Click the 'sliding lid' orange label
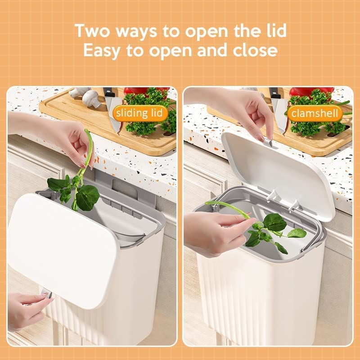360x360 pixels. pyautogui.click(x=139, y=112)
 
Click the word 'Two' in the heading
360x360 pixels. pyautogui.click(x=94, y=31)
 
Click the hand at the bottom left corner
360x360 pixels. pyautogui.click(x=25, y=310)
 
